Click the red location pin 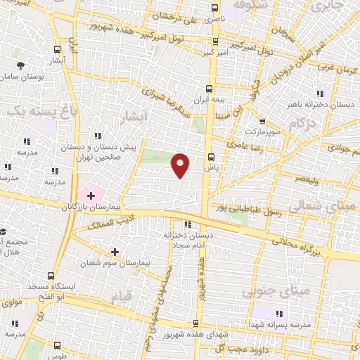coord(181,165)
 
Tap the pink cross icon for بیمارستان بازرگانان coord(91,193)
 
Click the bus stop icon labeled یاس coord(210,157)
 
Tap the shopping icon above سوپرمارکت coord(261,122)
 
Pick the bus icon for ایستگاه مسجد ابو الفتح coord(50,276)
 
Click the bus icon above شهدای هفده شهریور coord(195,323)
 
